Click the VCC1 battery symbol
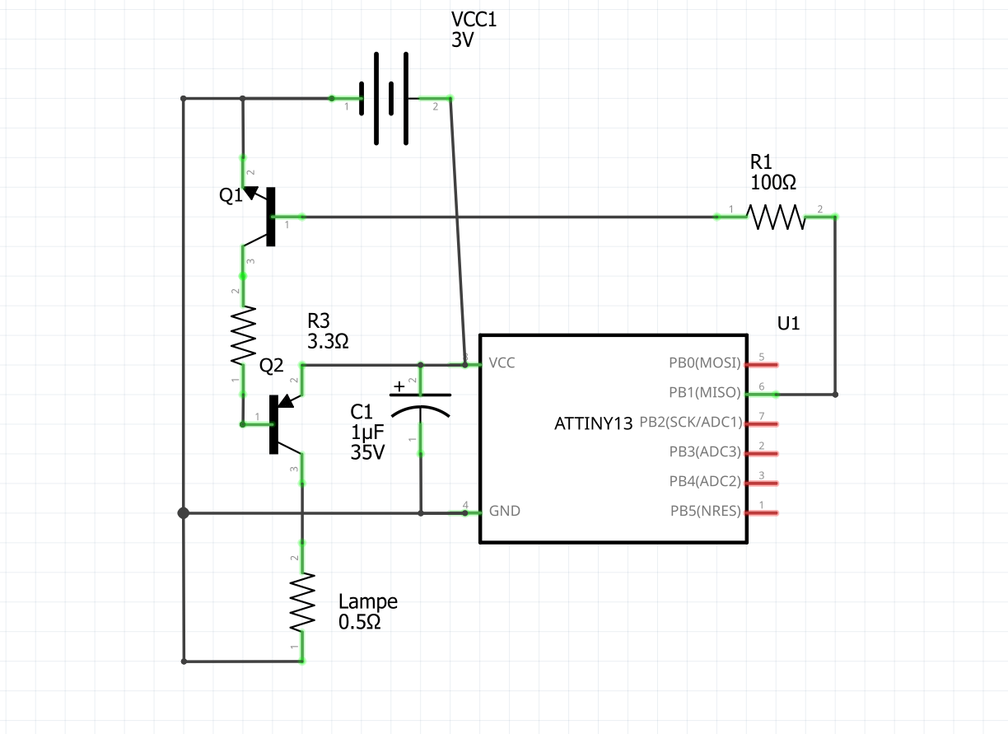pos(384,99)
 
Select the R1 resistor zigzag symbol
pos(776,217)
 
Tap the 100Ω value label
pos(773,182)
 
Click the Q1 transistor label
pos(231,195)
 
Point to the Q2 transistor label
pos(271,366)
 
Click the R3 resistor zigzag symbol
pos(243,336)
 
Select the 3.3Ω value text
pos(328,342)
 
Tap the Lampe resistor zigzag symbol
pos(302,602)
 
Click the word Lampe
pos(367,601)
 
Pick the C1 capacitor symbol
pos(420,406)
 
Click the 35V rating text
pos(367,452)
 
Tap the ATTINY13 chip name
pos(593,423)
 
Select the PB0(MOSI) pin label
pos(704,362)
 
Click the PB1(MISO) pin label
pos(704,392)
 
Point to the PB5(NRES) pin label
pos(705,511)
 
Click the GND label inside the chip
pos(505,511)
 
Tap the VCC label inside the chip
pos(502,362)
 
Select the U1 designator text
pos(788,324)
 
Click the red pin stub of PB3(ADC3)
pos(762,454)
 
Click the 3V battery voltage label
pos(462,40)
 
